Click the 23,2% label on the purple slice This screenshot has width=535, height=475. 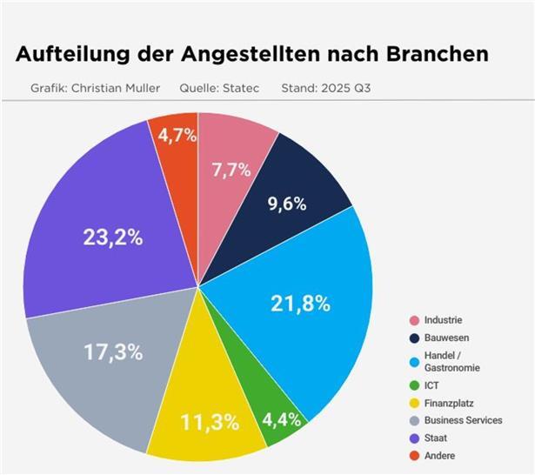[x=112, y=237]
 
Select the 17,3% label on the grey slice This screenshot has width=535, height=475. [x=113, y=352]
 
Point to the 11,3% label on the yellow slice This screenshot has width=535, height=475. [x=210, y=422]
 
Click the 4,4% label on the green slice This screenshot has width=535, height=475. [x=283, y=419]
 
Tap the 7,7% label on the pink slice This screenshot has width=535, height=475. [x=231, y=170]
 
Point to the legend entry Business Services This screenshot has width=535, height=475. [x=463, y=420]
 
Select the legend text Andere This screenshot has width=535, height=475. [x=440, y=455]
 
